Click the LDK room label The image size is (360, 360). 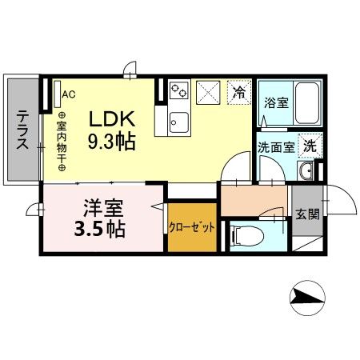pyautogui.click(x=114, y=118)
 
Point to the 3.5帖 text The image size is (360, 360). pyautogui.click(x=99, y=231)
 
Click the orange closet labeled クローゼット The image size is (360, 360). pyautogui.click(x=192, y=226)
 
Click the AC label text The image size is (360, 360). pyautogui.click(x=68, y=94)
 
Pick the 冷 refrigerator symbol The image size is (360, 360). pyautogui.click(x=238, y=92)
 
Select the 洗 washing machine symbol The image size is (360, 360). pyautogui.click(x=308, y=146)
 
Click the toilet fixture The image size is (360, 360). pyautogui.click(x=246, y=235)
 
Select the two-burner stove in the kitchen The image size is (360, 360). pyautogui.click(x=178, y=92)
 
